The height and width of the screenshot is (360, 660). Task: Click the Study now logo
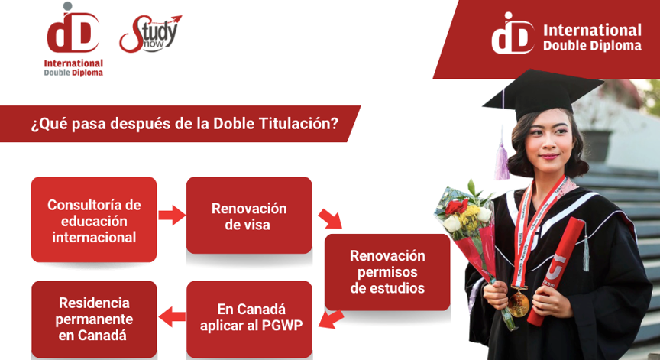pos(150,34)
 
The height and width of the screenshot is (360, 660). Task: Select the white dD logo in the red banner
pos(513,33)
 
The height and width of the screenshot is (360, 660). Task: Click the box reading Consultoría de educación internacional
pos(94,220)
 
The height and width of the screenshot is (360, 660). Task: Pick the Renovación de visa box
pos(249,216)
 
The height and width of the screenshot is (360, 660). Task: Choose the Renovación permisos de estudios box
pos(387,272)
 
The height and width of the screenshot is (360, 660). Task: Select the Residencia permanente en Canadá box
pos(94,319)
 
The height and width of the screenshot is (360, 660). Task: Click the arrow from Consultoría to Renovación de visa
pos(172,215)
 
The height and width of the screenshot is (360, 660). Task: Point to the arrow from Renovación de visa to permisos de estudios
pos(331,219)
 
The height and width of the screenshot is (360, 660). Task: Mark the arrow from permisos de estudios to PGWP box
pos(332,319)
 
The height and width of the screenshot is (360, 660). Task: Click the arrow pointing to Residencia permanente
pos(172,316)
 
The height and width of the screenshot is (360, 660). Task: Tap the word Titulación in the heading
pos(299,124)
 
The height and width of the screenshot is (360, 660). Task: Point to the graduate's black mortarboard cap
pos(542,94)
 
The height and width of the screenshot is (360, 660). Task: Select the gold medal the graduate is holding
pos(518,303)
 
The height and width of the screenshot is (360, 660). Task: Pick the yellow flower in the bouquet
pos(468,216)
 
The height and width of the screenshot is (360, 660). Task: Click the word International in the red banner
pos(592,31)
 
